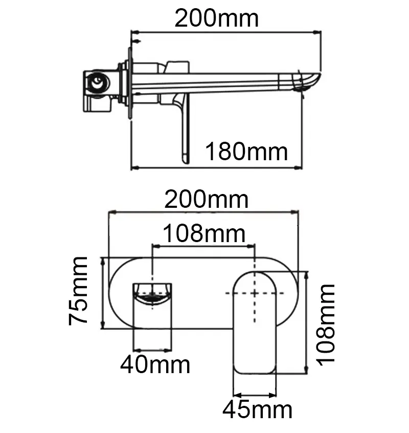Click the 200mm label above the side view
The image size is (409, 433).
tap(216, 18)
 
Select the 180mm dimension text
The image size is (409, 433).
tap(246, 151)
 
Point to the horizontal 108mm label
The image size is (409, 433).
tap(204, 234)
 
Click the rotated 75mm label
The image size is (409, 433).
tap(79, 292)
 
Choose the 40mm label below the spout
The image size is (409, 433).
tap(155, 365)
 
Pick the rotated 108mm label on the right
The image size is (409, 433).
tap(325, 323)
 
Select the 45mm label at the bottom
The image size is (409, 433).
tap(257, 410)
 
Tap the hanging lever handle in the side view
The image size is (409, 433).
tap(184, 133)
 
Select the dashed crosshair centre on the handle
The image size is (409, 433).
tap(255, 293)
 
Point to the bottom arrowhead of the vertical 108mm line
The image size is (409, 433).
tap(306, 372)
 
